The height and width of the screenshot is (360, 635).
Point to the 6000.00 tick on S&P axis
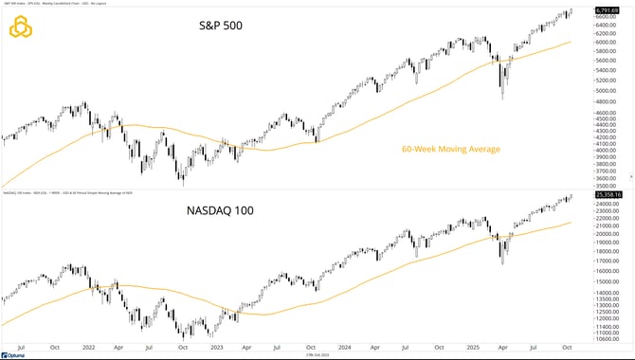[x=608, y=43]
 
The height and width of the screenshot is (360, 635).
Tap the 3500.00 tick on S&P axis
[x=608, y=186]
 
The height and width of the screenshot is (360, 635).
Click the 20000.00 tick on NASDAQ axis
[x=608, y=233]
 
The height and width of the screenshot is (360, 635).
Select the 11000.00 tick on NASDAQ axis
[x=608, y=333]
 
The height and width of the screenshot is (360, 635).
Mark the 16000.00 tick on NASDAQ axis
[x=608, y=271]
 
